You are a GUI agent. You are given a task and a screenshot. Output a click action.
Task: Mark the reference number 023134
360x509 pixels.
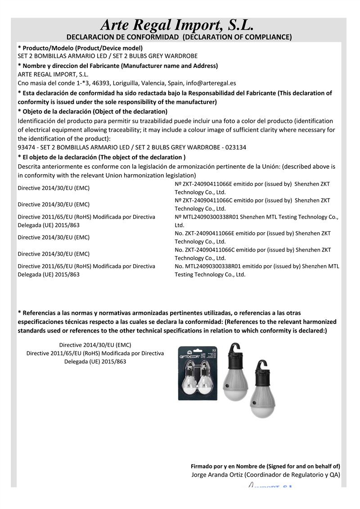coord(237,147)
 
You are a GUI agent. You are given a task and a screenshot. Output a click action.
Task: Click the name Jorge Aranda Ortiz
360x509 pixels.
coord(218,474)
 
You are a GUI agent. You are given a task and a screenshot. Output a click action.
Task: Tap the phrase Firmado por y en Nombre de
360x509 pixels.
coord(228,466)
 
